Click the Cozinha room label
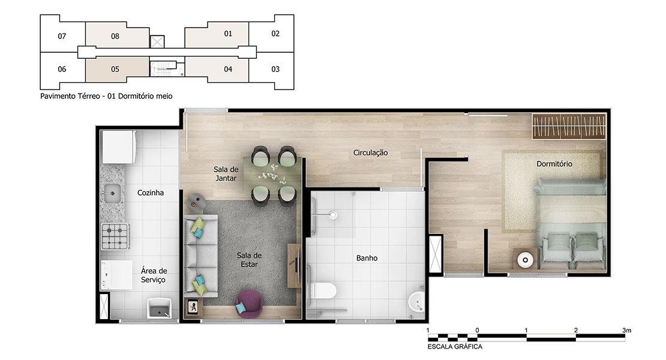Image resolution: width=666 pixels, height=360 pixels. click(x=151, y=193)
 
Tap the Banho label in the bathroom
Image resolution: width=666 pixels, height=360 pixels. click(x=367, y=258)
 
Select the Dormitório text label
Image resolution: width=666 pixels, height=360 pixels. click(x=554, y=164)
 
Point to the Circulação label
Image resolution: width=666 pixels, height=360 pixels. click(x=370, y=153)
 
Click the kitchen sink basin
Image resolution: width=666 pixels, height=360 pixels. click(x=112, y=194)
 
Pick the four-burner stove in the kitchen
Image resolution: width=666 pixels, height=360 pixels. click(x=115, y=236)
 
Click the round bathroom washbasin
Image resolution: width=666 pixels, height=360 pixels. click(x=416, y=302)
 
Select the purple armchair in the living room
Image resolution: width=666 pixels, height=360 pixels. click(x=250, y=304)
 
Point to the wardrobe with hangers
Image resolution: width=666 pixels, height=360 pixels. click(x=569, y=126)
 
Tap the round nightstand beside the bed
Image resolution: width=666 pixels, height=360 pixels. click(x=525, y=260)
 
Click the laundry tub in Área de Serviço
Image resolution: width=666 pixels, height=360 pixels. click(x=159, y=308)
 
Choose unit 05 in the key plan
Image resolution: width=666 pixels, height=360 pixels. click(x=115, y=69)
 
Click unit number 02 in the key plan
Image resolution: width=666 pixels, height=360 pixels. click(x=275, y=34)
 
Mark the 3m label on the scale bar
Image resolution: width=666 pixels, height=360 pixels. click(x=627, y=330)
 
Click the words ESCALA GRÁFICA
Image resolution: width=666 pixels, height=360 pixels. click(x=455, y=346)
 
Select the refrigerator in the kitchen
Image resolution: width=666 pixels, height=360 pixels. click(x=119, y=147)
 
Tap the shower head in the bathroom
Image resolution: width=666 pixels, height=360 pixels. click(x=333, y=215)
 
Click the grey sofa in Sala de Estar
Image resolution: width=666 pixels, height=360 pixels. click(x=200, y=256)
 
